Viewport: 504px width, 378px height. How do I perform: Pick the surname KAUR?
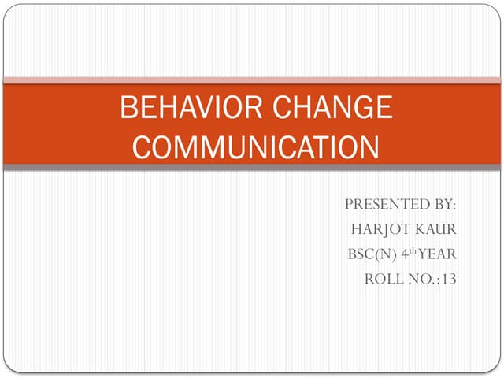436,229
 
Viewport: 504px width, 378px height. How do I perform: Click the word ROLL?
384,280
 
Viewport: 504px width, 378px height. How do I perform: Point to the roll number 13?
449,280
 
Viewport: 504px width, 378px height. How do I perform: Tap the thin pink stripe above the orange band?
252,80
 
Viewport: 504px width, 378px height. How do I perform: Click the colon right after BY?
454,206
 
